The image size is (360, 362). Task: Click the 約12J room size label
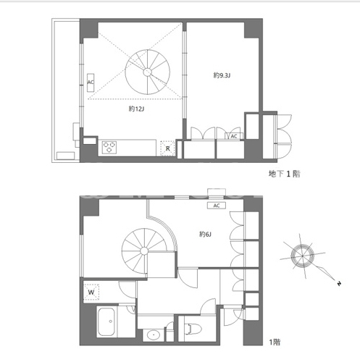pyautogui.click(x=136, y=109)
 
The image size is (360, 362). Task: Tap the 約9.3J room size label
pyautogui.click(x=222, y=75)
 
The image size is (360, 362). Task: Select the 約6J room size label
pyautogui.click(x=205, y=234)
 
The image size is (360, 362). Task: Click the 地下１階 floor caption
pyautogui.click(x=285, y=174)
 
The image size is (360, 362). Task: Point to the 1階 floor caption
pyautogui.click(x=275, y=342)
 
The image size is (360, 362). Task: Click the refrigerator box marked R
pyautogui.click(x=167, y=148)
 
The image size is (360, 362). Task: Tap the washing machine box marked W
pyautogui.click(x=91, y=292)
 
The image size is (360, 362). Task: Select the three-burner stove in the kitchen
pyautogui.click(x=109, y=148)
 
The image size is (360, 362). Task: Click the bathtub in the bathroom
pyautogui.click(x=106, y=321)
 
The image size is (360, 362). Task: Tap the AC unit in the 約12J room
pyautogui.click(x=91, y=83)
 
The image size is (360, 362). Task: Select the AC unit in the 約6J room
pyautogui.click(x=217, y=206)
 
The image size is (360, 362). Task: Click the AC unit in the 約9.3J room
pyautogui.click(x=234, y=136)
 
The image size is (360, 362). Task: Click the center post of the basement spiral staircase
pyautogui.click(x=147, y=72)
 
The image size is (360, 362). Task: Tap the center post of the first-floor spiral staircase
pyautogui.click(x=144, y=251)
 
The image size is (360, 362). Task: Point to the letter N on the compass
pyautogui.click(x=339, y=284)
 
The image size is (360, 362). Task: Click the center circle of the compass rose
pyautogui.click(x=302, y=256)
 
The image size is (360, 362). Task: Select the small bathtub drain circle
pyautogui.click(x=111, y=321)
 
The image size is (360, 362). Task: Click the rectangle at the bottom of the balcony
pyautogui.click(x=66, y=156)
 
